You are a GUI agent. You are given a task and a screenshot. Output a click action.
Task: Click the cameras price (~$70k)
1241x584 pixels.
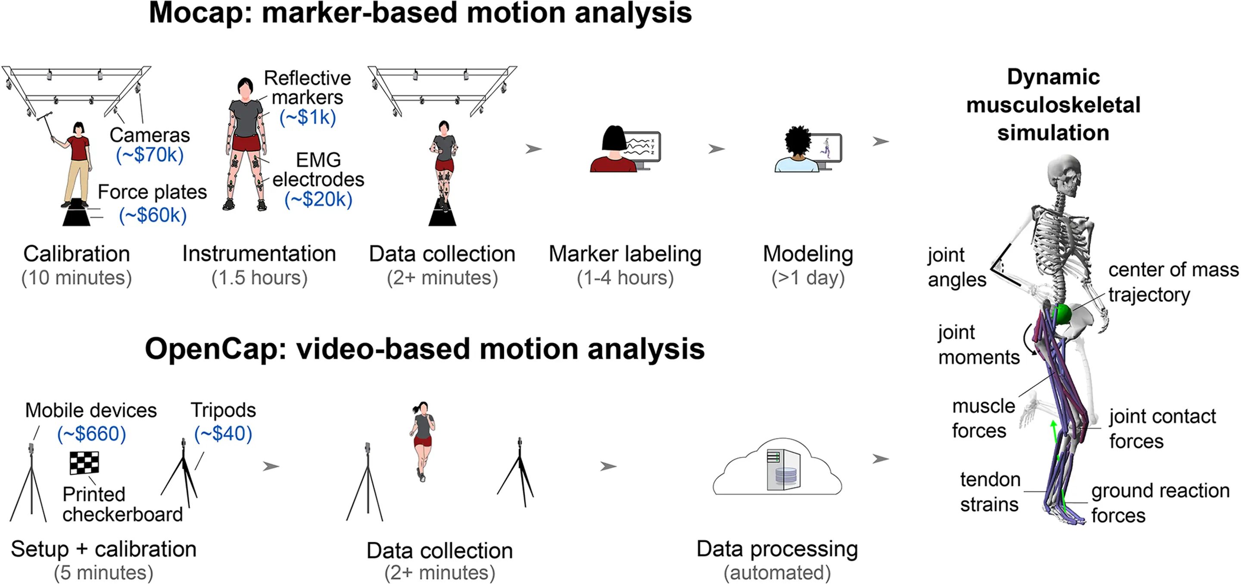pos(150,155)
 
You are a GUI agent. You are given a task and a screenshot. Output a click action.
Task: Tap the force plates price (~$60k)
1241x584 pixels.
pos(153,215)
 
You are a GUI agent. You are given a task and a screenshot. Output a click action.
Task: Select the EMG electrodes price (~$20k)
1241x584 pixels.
pos(318,199)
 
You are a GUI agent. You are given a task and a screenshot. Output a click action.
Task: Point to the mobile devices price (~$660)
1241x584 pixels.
pos(91,434)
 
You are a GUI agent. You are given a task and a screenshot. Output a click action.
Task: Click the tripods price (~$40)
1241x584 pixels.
pos(223,434)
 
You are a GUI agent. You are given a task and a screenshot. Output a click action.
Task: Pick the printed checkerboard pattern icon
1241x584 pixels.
pos(84,463)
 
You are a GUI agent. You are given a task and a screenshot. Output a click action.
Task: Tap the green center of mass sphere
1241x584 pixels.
pos(1061,314)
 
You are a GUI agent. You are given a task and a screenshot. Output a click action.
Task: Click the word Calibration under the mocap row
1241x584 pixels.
pos(77,254)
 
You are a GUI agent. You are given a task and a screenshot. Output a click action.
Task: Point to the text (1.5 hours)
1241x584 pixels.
pos(259,278)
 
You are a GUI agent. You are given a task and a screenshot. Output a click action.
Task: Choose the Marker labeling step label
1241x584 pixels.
pos(625,254)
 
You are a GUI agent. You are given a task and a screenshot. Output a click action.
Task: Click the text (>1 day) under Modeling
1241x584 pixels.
pos(808,278)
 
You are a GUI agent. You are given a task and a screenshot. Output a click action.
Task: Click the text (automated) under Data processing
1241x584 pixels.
pos(777,572)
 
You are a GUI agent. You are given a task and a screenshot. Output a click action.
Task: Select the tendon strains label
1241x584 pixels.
pos(990,492)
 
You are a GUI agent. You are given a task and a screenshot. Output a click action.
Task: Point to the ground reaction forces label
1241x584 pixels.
pos(1160,503)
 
